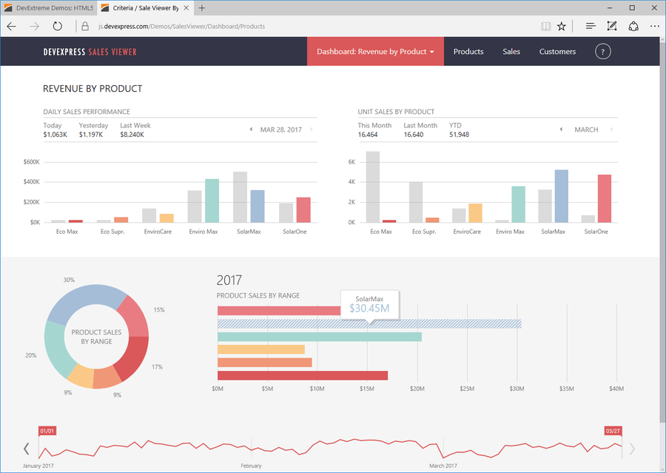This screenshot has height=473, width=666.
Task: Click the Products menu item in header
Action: point(468,52)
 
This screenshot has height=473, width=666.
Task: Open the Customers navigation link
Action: point(557,52)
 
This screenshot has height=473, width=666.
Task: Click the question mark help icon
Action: point(603,52)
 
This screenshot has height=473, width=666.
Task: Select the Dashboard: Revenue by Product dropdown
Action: point(375,52)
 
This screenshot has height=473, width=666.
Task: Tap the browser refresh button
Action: point(58,26)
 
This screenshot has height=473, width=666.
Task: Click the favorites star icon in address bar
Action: point(562,26)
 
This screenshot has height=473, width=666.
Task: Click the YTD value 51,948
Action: point(459,135)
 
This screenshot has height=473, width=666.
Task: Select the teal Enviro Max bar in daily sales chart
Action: point(212,201)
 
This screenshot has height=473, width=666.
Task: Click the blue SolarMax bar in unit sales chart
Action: point(561,196)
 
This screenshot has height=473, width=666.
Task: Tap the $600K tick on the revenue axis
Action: point(31,162)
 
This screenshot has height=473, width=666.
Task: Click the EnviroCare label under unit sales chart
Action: point(466,232)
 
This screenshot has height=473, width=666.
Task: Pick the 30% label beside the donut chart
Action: point(69,280)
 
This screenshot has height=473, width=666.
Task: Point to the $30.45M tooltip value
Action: point(369,308)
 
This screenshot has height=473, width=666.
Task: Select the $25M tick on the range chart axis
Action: point(467,389)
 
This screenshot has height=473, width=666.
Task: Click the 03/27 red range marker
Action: point(613,431)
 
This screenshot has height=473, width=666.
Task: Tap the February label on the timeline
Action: point(252,466)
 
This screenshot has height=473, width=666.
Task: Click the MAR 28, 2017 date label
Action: point(280,130)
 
